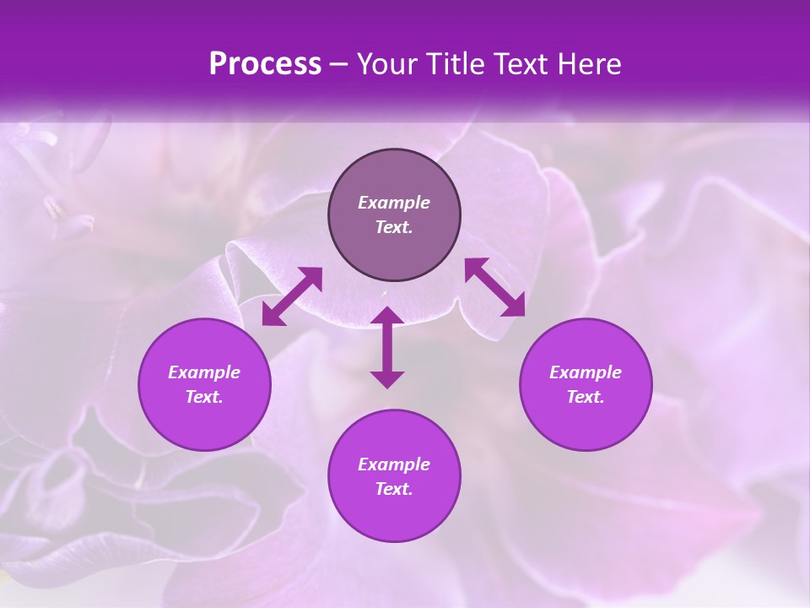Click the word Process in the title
tap(265, 64)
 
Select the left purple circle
tap(204, 384)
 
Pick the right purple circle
tap(586, 384)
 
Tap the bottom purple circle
tap(394, 476)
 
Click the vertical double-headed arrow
tap(387, 347)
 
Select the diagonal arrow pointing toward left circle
tap(292, 296)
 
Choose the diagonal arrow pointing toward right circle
tap(495, 287)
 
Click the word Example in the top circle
tap(394, 203)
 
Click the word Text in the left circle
tap(204, 397)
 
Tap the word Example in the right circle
tap(586, 372)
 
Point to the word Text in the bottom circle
tap(394, 489)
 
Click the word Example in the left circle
tap(204, 372)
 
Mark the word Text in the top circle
tap(394, 227)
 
